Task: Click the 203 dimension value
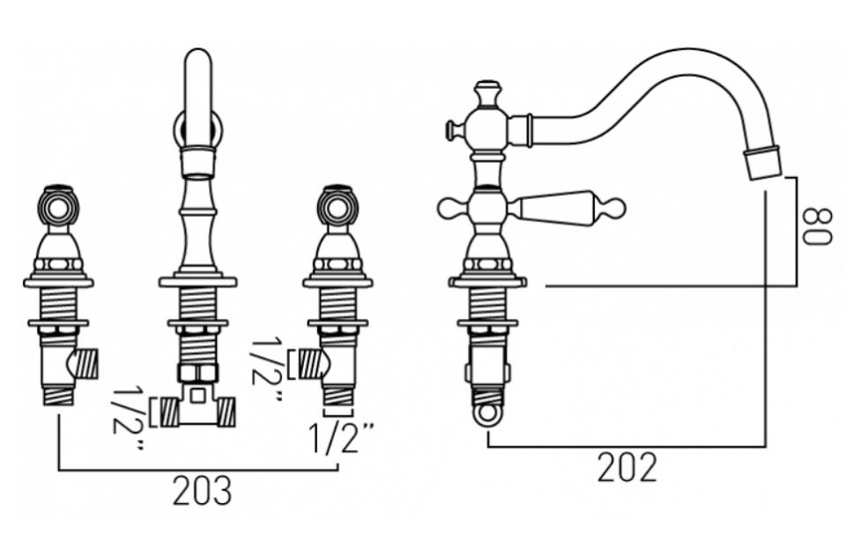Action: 203,491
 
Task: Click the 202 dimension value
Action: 626,468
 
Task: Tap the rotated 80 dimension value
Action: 817,226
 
